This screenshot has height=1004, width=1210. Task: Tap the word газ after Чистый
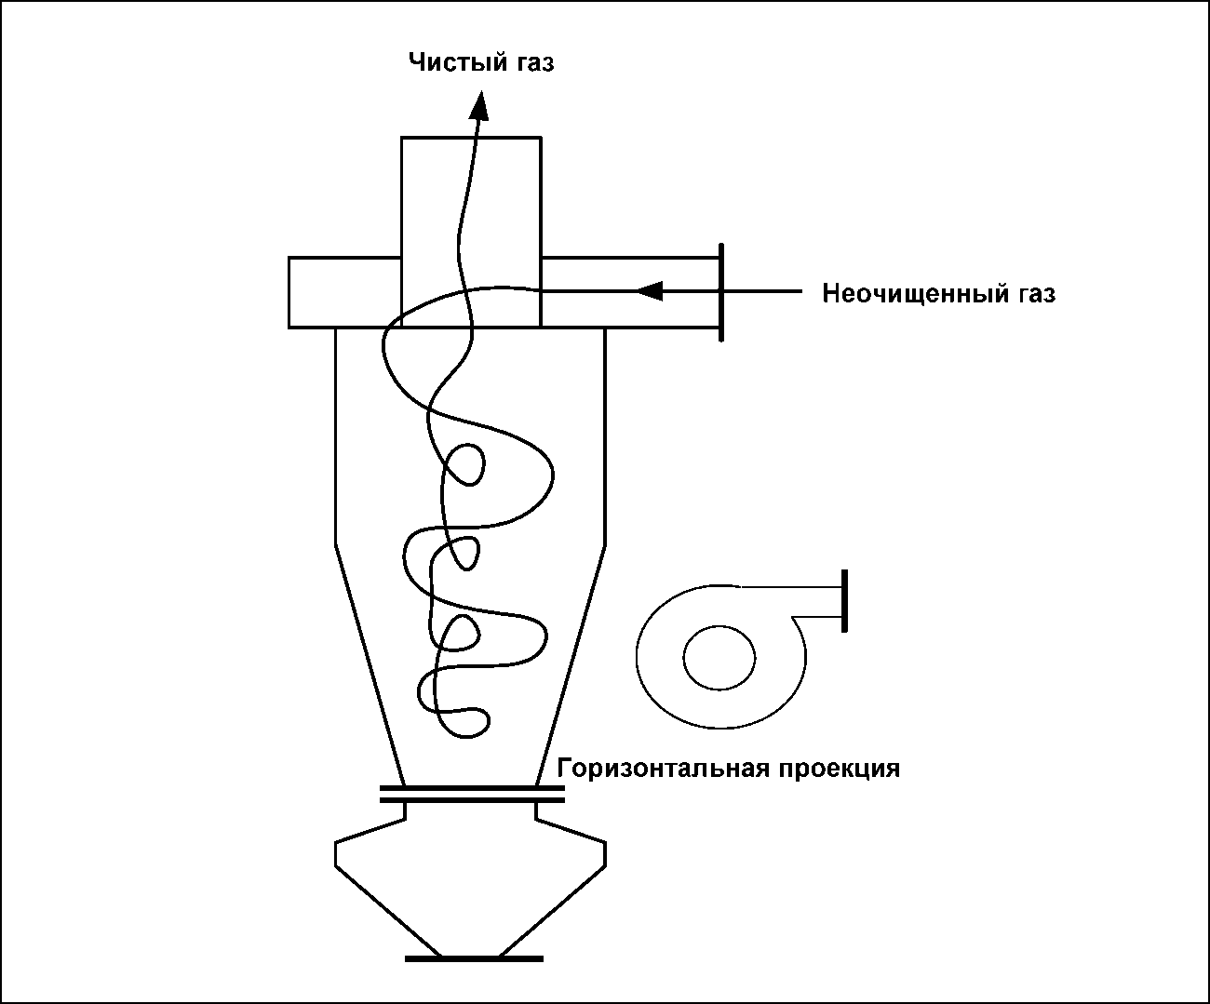(x=531, y=63)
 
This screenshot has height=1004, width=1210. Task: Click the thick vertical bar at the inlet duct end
(x=721, y=292)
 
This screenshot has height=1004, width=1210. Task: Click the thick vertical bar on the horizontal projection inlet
(x=844, y=601)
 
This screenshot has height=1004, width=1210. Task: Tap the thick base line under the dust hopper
(x=474, y=958)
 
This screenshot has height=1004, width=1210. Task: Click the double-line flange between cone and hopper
(x=472, y=795)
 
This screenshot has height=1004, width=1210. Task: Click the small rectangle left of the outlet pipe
(x=344, y=292)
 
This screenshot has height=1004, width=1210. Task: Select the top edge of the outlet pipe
(x=471, y=138)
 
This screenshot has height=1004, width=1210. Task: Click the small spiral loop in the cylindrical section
(x=464, y=464)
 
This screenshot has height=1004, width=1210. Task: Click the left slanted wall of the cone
(x=370, y=665)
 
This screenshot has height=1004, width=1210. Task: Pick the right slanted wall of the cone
(x=571, y=665)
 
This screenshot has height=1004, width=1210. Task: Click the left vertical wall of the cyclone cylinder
(x=335, y=436)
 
